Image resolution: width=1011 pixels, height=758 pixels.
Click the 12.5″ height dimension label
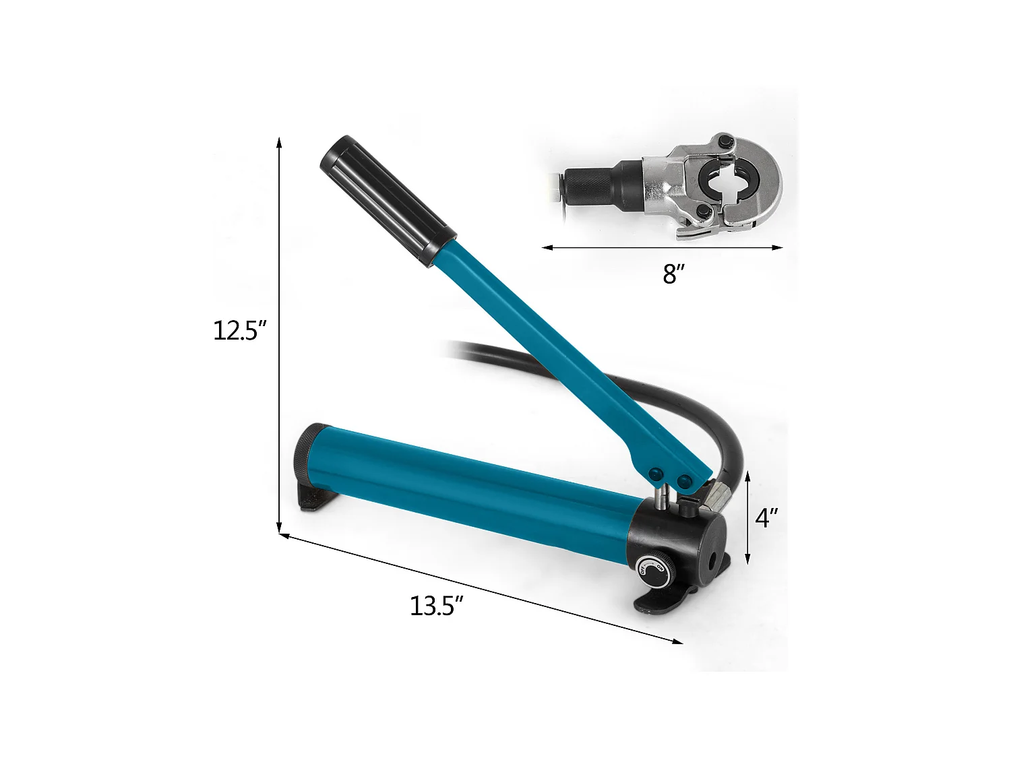[236, 330]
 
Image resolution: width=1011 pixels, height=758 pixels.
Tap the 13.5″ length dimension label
[436, 606]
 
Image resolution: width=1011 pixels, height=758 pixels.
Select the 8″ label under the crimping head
[673, 274]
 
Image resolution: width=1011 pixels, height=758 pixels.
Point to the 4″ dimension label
[766, 518]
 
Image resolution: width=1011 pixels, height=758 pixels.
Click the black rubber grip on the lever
[388, 201]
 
